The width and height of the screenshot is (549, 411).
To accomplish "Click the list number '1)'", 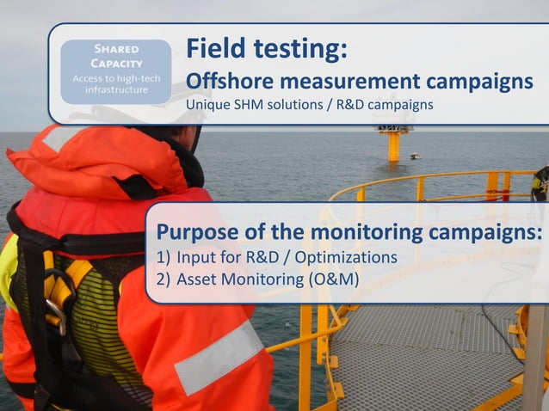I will (x=163, y=257).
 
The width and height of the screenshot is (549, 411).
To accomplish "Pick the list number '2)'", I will (x=163, y=278).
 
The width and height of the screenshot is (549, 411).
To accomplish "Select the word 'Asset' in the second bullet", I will (x=195, y=278).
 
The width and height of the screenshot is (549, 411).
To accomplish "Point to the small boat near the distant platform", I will (x=416, y=156).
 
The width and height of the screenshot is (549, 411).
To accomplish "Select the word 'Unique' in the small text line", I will (x=207, y=105).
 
